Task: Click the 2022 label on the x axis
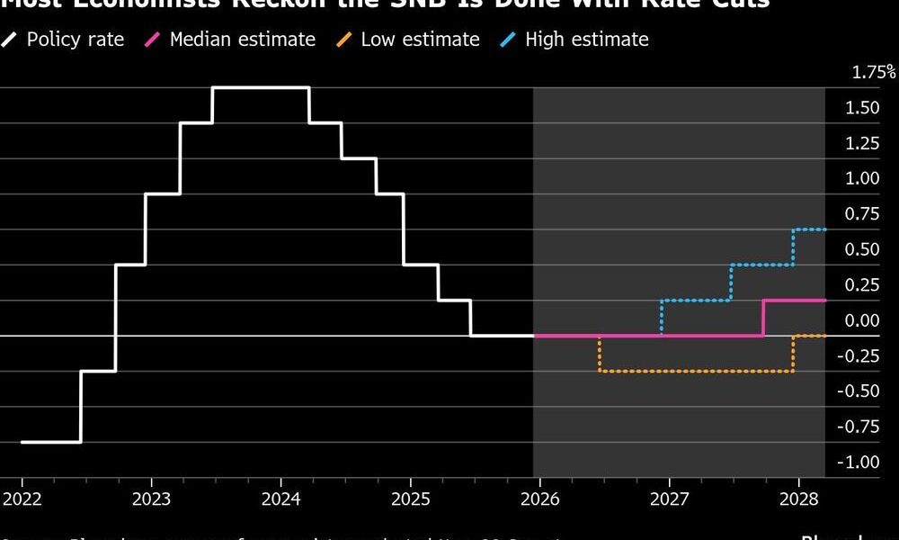[21, 499]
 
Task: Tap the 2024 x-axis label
[281, 499]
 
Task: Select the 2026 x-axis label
[542, 499]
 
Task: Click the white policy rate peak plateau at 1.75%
[261, 87]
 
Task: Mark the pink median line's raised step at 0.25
[794, 301]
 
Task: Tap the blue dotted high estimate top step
[809, 229]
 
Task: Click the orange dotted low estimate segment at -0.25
[696, 371]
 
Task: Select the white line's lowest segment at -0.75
[50, 442]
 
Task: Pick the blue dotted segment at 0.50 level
[761, 265]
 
